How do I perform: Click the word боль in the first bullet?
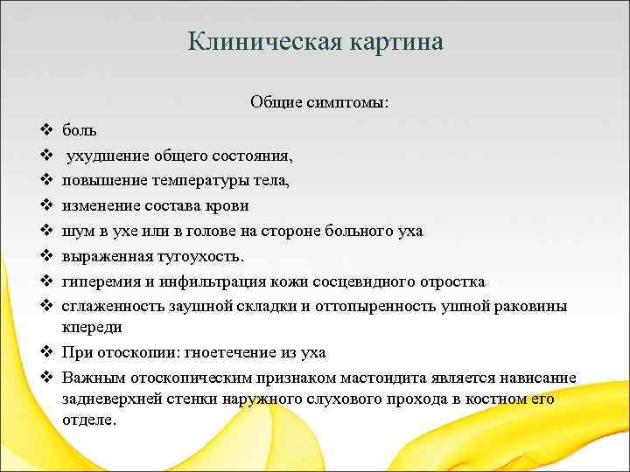pyautogui.click(x=80, y=130)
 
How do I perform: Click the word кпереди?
pyautogui.click(x=91, y=327)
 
